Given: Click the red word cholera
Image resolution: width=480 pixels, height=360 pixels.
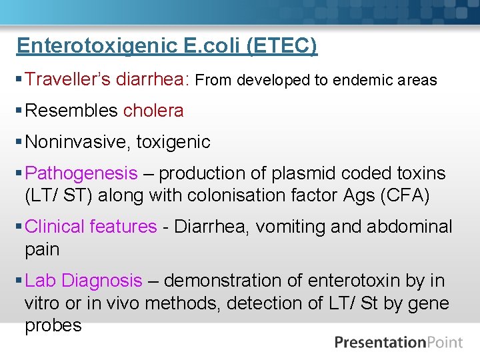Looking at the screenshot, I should tap(153, 111).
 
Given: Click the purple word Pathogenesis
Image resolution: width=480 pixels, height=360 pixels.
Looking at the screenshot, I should tap(81, 173).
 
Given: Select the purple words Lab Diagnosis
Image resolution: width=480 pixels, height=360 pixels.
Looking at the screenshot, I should tap(83, 281).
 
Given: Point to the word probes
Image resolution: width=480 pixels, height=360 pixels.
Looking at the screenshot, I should tap(53, 325).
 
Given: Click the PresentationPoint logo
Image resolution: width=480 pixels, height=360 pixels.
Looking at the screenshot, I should tap(399, 343).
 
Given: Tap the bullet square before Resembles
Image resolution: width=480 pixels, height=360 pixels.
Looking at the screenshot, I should tap(19, 111).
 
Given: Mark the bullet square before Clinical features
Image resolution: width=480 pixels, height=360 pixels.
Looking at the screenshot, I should tap(19, 227).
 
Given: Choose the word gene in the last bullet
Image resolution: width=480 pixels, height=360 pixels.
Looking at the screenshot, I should tap(429, 303).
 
